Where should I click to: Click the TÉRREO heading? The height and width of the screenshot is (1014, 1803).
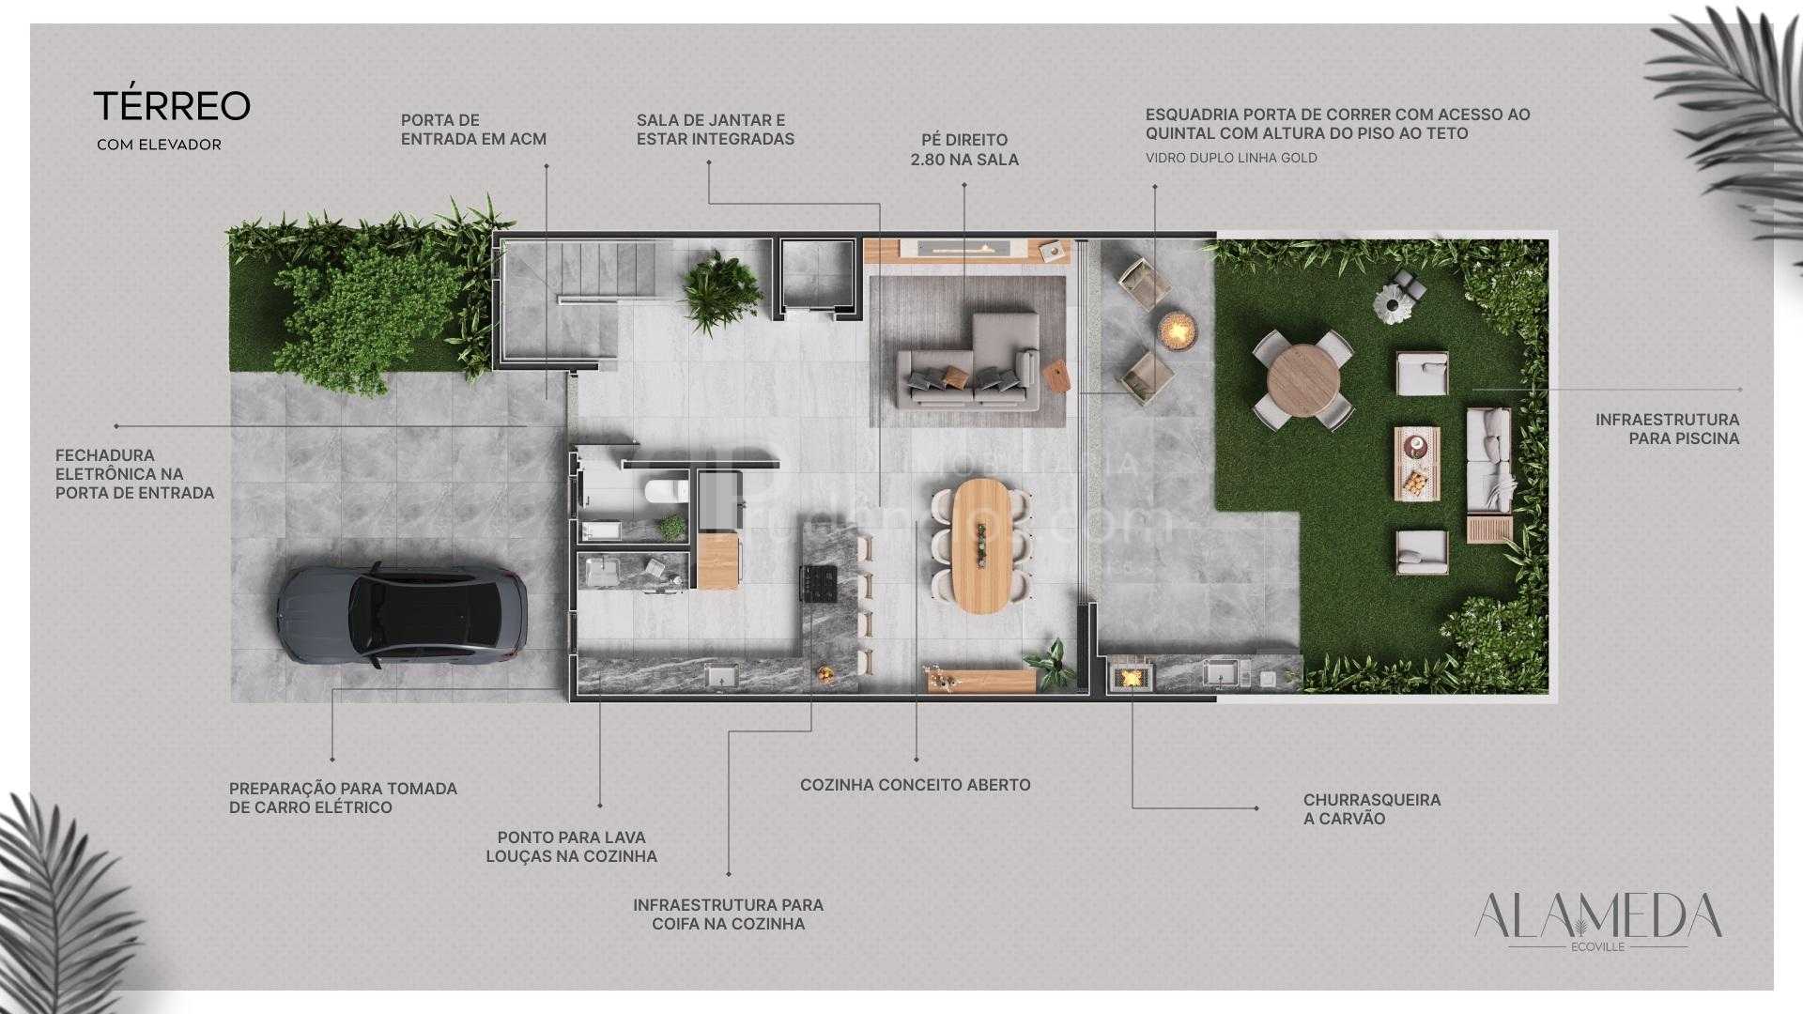click(172, 106)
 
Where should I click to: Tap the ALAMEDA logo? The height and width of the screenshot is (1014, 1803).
click(1597, 918)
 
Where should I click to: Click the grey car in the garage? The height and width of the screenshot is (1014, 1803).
click(401, 616)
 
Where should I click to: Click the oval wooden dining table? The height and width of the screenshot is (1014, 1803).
click(981, 545)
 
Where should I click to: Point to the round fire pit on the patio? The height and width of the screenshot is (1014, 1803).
click(1178, 329)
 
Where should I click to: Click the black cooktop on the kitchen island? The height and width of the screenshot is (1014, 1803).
click(818, 584)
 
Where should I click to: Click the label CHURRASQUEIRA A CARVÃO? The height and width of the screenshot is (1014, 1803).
click(1371, 809)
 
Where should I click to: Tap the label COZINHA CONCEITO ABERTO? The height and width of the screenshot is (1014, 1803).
click(915, 785)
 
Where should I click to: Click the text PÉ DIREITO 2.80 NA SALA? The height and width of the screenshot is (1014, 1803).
click(964, 150)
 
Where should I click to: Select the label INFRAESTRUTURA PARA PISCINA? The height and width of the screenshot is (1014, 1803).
click(1667, 429)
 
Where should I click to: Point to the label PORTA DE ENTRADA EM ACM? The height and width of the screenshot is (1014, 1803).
click(473, 130)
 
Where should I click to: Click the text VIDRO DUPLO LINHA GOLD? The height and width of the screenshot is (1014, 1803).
click(1231, 158)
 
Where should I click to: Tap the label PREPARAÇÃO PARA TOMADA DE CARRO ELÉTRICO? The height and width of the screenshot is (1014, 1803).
click(343, 798)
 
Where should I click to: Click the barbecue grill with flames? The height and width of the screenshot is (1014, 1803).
click(1132, 675)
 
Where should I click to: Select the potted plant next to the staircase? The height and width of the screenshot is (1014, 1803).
click(720, 284)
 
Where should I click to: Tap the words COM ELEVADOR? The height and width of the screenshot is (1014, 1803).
click(159, 146)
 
